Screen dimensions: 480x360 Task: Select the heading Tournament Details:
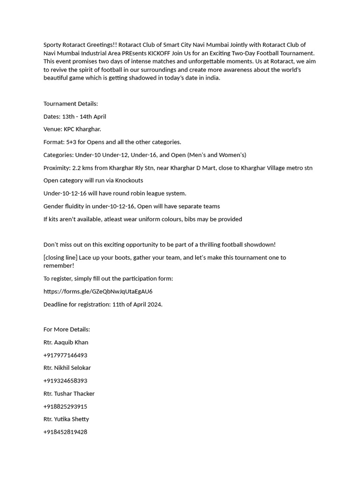71,104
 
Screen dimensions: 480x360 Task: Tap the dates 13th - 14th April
84,117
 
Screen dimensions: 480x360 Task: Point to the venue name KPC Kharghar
82,129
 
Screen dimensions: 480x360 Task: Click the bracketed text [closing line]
60,257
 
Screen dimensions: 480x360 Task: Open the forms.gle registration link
98,292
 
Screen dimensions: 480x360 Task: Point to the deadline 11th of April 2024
137,304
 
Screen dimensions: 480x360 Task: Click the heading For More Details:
67,330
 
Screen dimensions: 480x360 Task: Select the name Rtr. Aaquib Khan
66,343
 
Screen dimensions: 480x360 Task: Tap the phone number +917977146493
65,355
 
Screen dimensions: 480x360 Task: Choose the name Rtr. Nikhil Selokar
67,368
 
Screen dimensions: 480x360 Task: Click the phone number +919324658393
65,381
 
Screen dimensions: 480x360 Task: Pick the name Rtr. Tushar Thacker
69,394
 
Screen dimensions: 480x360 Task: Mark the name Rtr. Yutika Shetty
66,419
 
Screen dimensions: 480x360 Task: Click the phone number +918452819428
65,432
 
